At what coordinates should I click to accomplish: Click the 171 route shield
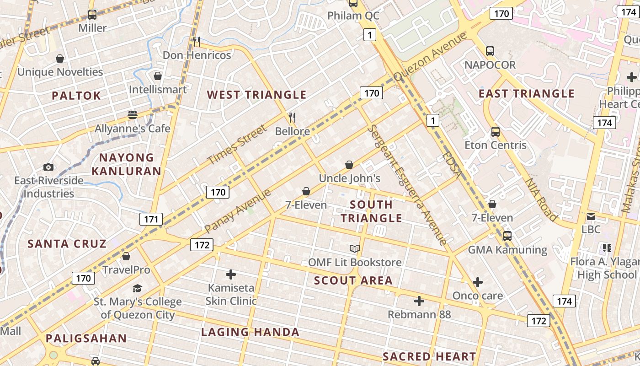tap(151, 219)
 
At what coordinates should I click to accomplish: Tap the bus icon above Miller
tap(92, 15)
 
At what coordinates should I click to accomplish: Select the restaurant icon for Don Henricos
tap(197, 42)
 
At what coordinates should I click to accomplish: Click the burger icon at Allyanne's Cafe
tap(133, 115)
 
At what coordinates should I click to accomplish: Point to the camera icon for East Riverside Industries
tap(48, 167)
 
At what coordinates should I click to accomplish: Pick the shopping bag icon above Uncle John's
tap(349, 165)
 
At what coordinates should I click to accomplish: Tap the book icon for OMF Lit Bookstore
tap(355, 249)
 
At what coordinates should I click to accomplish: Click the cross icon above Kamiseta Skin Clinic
tap(231, 274)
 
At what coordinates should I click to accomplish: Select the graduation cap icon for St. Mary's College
tap(137, 288)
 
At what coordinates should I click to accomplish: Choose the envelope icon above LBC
tap(591, 216)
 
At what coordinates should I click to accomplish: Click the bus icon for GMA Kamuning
tap(507, 236)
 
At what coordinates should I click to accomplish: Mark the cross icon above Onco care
tap(478, 282)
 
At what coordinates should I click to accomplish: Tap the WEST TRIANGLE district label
tap(256, 95)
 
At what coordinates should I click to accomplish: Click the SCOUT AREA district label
tap(353, 280)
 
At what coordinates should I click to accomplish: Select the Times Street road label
tap(236, 144)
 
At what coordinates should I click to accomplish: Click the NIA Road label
tap(541, 199)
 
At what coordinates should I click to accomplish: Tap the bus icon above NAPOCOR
tap(490, 51)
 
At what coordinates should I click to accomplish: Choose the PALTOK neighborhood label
tap(76, 96)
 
